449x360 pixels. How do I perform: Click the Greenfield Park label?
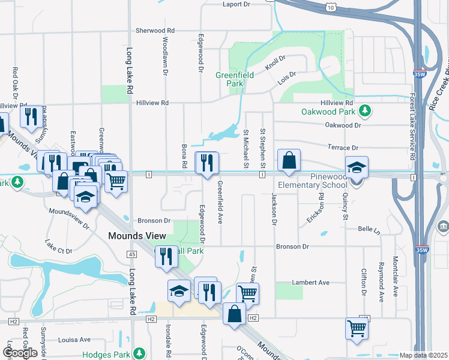tap(235, 79)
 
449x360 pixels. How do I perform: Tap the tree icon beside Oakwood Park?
tap(364, 110)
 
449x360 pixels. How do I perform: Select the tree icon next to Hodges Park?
tap(139, 353)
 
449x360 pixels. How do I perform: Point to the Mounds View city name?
tap(137, 236)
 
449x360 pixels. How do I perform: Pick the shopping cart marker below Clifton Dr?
tap(357, 329)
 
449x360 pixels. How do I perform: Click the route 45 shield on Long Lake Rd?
tap(131, 255)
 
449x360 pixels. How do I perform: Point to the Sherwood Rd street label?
tap(155, 30)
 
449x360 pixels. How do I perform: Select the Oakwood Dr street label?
tap(343, 125)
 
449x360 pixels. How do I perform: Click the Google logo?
tap(20, 353)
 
